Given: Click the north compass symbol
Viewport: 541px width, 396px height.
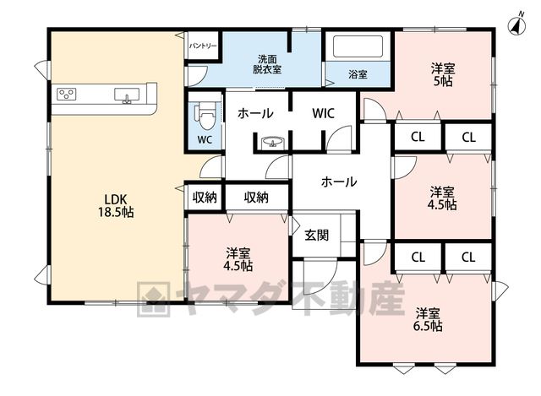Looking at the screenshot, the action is coord(516,24).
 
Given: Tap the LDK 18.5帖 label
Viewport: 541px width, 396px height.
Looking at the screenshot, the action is coord(116,205).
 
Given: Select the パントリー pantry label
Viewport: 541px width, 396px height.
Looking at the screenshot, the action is coord(203,46).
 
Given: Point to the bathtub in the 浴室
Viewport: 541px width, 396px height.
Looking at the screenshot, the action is coord(358,46).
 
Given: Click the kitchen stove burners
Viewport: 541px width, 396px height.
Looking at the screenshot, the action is coord(67,94).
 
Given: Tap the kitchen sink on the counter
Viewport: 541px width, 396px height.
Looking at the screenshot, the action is coord(127,95).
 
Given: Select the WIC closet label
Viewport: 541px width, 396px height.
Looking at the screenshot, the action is coord(323,113).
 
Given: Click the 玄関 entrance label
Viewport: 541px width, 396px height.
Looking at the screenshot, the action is coord(316,235).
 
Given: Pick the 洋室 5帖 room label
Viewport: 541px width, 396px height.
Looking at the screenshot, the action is coord(443,74).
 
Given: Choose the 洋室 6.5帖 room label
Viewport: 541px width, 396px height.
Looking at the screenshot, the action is coord(428,319).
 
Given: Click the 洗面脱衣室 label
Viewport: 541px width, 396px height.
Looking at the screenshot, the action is coord(267,64).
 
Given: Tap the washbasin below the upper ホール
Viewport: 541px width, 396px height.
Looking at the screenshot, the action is coord(273,142).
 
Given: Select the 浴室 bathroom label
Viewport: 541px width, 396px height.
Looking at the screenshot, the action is coord(358,74).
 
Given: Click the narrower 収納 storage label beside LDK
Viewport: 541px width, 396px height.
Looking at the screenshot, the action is coord(205,198).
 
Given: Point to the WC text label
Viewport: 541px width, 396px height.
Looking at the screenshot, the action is coord(205,139).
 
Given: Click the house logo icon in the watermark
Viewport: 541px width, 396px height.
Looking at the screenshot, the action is coord(154,299).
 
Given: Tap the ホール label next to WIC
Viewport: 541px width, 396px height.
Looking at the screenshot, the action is coord(255,113).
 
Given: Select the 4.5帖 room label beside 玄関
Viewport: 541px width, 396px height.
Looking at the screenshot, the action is coord(238,259).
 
